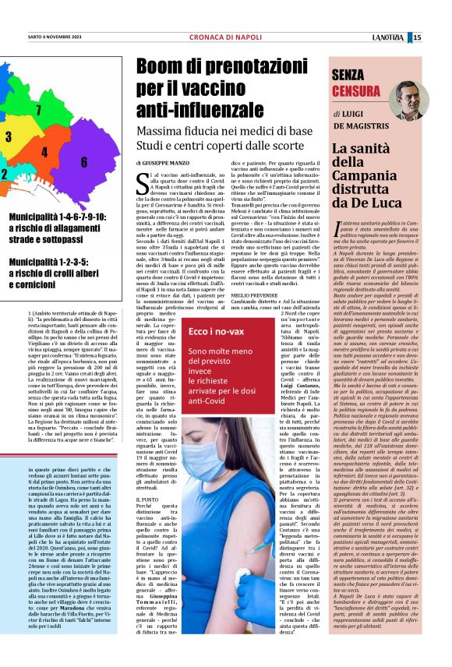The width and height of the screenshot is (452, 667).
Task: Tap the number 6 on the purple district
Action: [x=83, y=159]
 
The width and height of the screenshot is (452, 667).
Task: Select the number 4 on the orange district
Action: [x=44, y=152]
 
